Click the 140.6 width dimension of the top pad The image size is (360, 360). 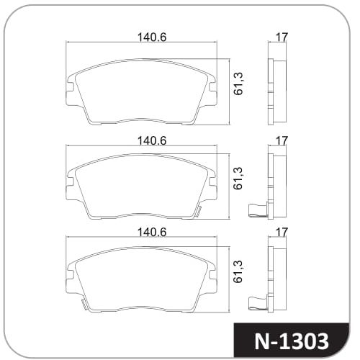tap(152, 37)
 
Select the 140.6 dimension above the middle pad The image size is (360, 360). tap(152, 140)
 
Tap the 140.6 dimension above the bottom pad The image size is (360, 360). tap(152, 232)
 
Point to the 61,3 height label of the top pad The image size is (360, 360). tap(238, 84)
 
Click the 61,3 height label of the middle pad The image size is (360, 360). tap(238, 179)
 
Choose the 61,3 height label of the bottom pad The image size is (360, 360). tap(238, 271)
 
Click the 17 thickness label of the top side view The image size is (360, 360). tap(282, 37)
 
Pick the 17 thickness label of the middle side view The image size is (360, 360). tap(282, 140)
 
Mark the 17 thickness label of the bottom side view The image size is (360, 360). tap(282, 232)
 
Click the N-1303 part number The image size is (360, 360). tap(292, 341)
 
